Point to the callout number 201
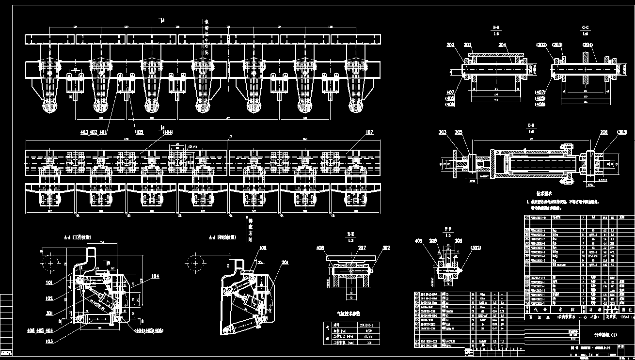285,262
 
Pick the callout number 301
49,313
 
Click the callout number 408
320,248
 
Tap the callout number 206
603,131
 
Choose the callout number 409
418,241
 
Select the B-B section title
494,28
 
